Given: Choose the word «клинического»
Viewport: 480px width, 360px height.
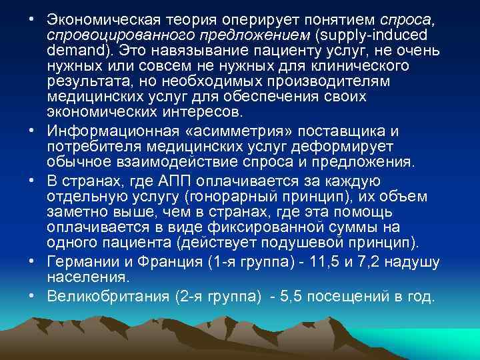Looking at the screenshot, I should pos(355,66).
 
